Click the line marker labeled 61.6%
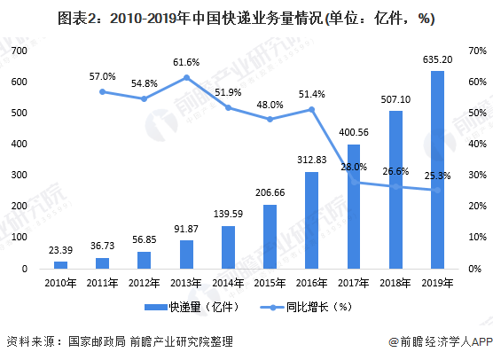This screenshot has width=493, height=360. [x=186, y=77]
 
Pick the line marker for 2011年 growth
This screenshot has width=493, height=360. [x=103, y=91]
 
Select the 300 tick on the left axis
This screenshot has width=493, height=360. [x=20, y=176]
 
